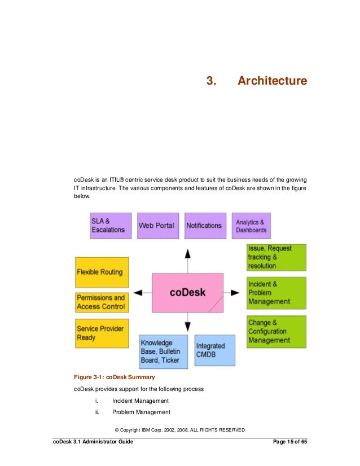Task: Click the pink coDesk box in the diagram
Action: point(187,293)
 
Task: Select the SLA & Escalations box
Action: point(111,226)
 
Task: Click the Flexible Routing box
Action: point(102,272)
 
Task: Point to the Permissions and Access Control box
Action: point(102,302)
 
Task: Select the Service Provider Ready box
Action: point(102,333)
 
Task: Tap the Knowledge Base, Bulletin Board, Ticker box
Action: point(164,351)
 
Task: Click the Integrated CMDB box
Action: point(214,350)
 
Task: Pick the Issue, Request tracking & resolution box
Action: point(276,257)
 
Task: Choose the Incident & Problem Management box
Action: point(276,293)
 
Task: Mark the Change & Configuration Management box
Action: point(276,332)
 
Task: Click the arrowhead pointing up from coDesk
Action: point(188,253)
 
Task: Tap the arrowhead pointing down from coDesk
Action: point(188,326)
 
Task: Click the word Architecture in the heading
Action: point(272,81)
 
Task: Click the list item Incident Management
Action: point(141,401)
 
